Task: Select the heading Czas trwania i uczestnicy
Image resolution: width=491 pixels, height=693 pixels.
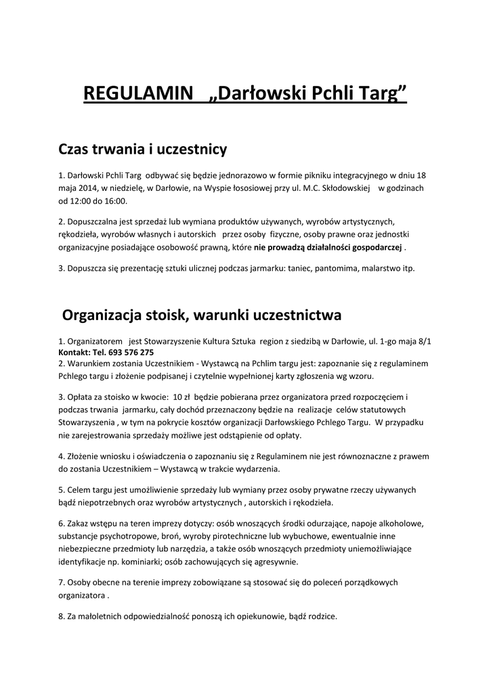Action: (x=143, y=148)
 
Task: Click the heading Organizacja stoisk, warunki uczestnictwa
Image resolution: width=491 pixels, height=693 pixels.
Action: (x=202, y=315)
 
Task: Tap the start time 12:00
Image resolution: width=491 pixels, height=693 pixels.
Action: (x=83, y=201)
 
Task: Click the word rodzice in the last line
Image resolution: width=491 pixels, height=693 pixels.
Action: (x=321, y=617)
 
